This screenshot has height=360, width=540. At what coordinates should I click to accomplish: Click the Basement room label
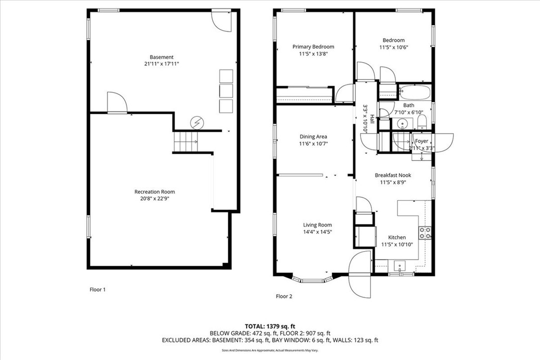[x=162, y=57]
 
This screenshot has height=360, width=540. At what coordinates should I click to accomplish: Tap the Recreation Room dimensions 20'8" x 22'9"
[x=155, y=199]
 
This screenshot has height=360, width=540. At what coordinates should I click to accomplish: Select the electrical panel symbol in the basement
[x=197, y=122]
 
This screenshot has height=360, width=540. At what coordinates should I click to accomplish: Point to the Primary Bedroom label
[x=313, y=47]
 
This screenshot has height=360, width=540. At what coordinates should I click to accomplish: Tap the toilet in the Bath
[x=422, y=122]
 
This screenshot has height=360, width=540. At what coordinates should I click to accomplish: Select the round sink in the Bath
[x=402, y=123]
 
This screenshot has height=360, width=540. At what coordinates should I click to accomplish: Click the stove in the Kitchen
[x=425, y=233]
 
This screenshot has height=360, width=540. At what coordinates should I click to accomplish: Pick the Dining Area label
[x=313, y=137]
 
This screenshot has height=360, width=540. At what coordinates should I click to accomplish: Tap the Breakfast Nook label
[x=393, y=175]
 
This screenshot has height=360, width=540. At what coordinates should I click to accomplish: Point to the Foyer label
[x=422, y=141]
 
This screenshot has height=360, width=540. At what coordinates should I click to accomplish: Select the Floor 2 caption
[x=284, y=296]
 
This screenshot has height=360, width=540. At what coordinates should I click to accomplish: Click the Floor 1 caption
[x=97, y=289]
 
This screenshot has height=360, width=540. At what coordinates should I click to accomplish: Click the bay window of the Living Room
[x=312, y=279]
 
